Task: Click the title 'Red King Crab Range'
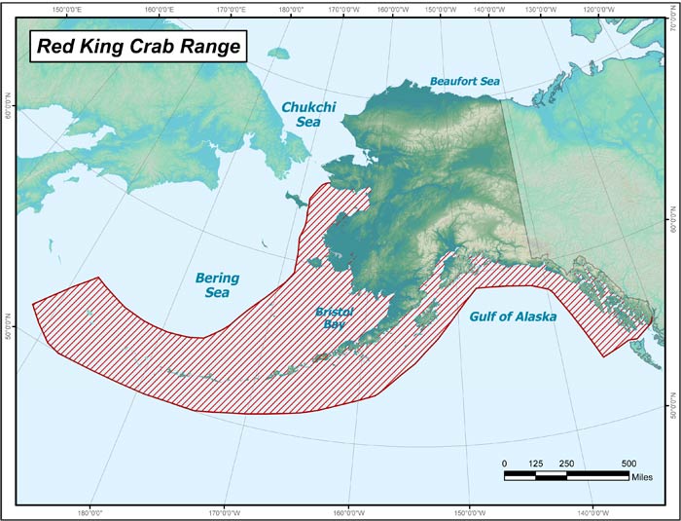click(136, 47)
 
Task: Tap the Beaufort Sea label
click(464, 82)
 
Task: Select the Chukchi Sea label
click(307, 115)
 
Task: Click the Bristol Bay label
click(335, 317)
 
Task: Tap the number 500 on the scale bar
click(628, 463)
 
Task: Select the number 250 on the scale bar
click(566, 463)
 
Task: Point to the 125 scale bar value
click(535, 463)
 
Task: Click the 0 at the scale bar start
click(504, 463)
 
